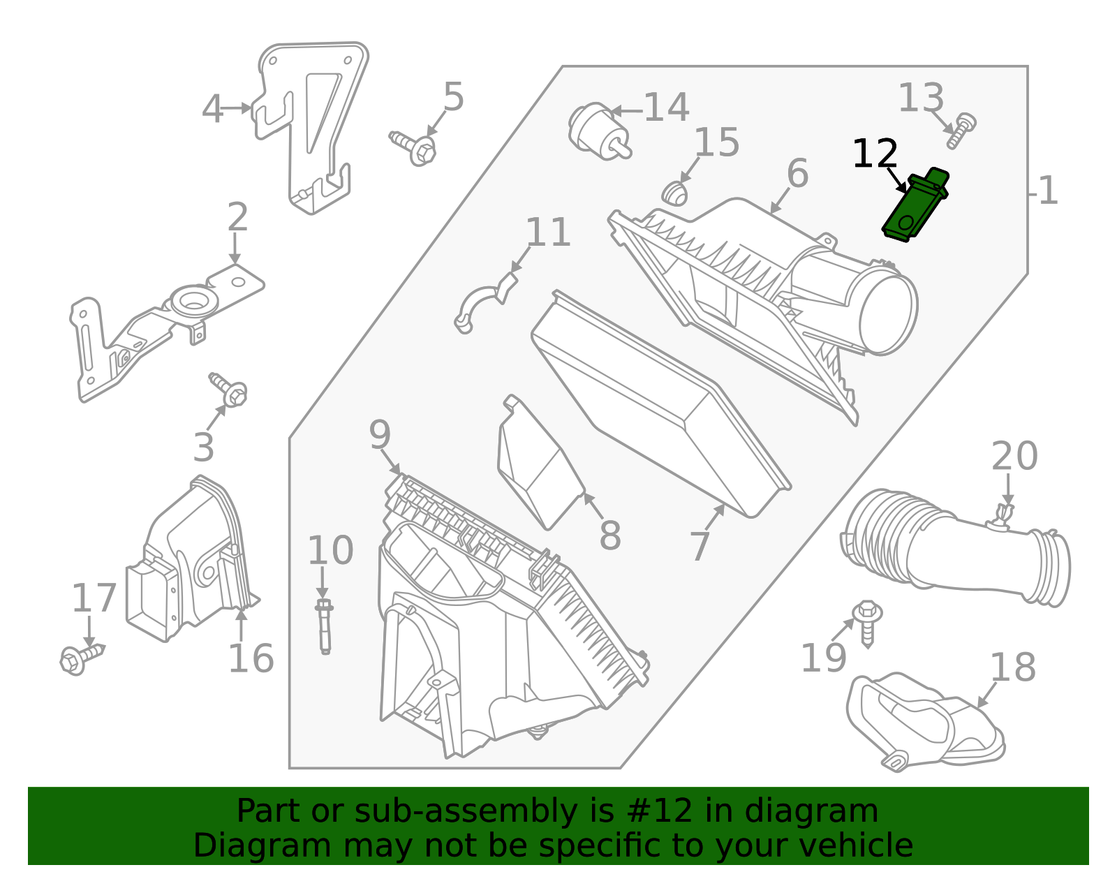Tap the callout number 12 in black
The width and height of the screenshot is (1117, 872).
pos(875,154)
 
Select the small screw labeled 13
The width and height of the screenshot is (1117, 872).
pos(962,131)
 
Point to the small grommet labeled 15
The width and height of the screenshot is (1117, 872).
pos(675,193)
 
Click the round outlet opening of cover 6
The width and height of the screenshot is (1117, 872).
pos(888,315)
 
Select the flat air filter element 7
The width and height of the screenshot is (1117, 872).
pos(656,405)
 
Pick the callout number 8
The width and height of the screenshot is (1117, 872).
pos(609,536)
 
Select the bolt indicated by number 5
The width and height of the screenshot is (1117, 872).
pos(415,147)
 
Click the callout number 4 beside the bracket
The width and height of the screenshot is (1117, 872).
pos(212,110)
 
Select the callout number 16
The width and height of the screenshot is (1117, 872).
pos(251,658)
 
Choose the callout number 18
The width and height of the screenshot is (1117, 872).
pos(1012,667)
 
